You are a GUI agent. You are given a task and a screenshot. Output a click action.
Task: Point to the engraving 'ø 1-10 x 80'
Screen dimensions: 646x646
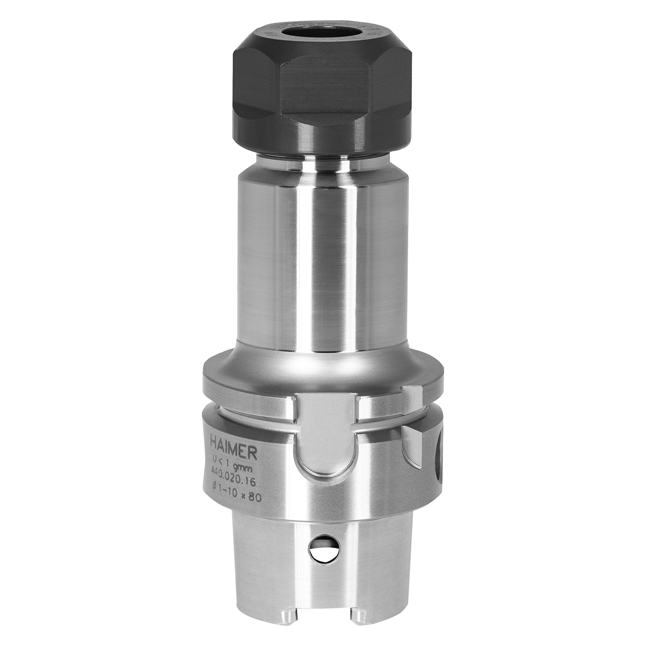pos(236,485)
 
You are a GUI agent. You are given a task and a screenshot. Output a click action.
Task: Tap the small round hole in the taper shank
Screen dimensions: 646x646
pos(323,548)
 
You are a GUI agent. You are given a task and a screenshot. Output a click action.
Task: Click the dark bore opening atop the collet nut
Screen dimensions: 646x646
pos(323,31)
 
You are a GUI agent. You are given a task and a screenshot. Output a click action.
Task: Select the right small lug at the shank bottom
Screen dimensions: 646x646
pos(358,618)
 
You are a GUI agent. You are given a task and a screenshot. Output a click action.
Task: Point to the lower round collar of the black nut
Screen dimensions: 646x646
pos(323,139)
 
